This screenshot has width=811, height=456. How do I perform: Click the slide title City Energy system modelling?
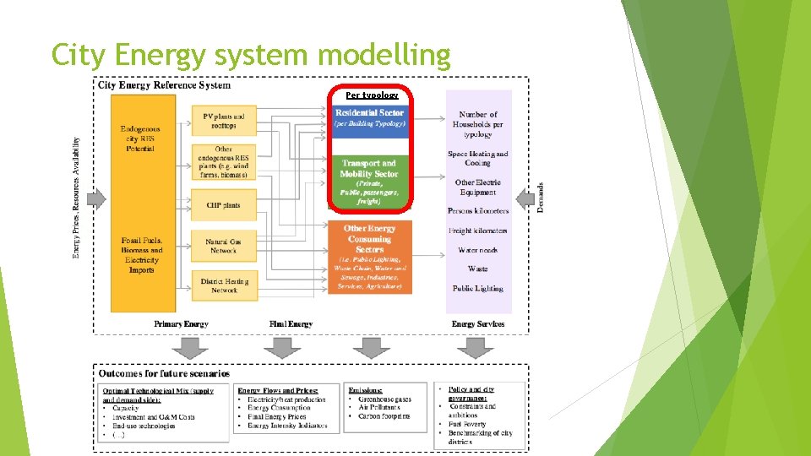251,55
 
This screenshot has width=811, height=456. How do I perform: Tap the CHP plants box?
223,204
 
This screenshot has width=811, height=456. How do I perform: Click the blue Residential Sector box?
369,119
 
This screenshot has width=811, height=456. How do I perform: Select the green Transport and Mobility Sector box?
369,181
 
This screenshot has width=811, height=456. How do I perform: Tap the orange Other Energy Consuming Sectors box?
369,257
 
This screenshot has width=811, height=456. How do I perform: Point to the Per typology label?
372,95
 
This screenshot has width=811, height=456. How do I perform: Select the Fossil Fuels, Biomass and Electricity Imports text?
142,255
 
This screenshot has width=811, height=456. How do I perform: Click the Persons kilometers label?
478,210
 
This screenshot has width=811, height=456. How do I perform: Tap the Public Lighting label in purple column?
478,288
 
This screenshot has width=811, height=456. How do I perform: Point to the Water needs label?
478,250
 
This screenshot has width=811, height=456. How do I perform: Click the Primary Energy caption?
181,324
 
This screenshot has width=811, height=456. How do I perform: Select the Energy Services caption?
478,324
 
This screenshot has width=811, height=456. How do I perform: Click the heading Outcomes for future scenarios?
164,373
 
